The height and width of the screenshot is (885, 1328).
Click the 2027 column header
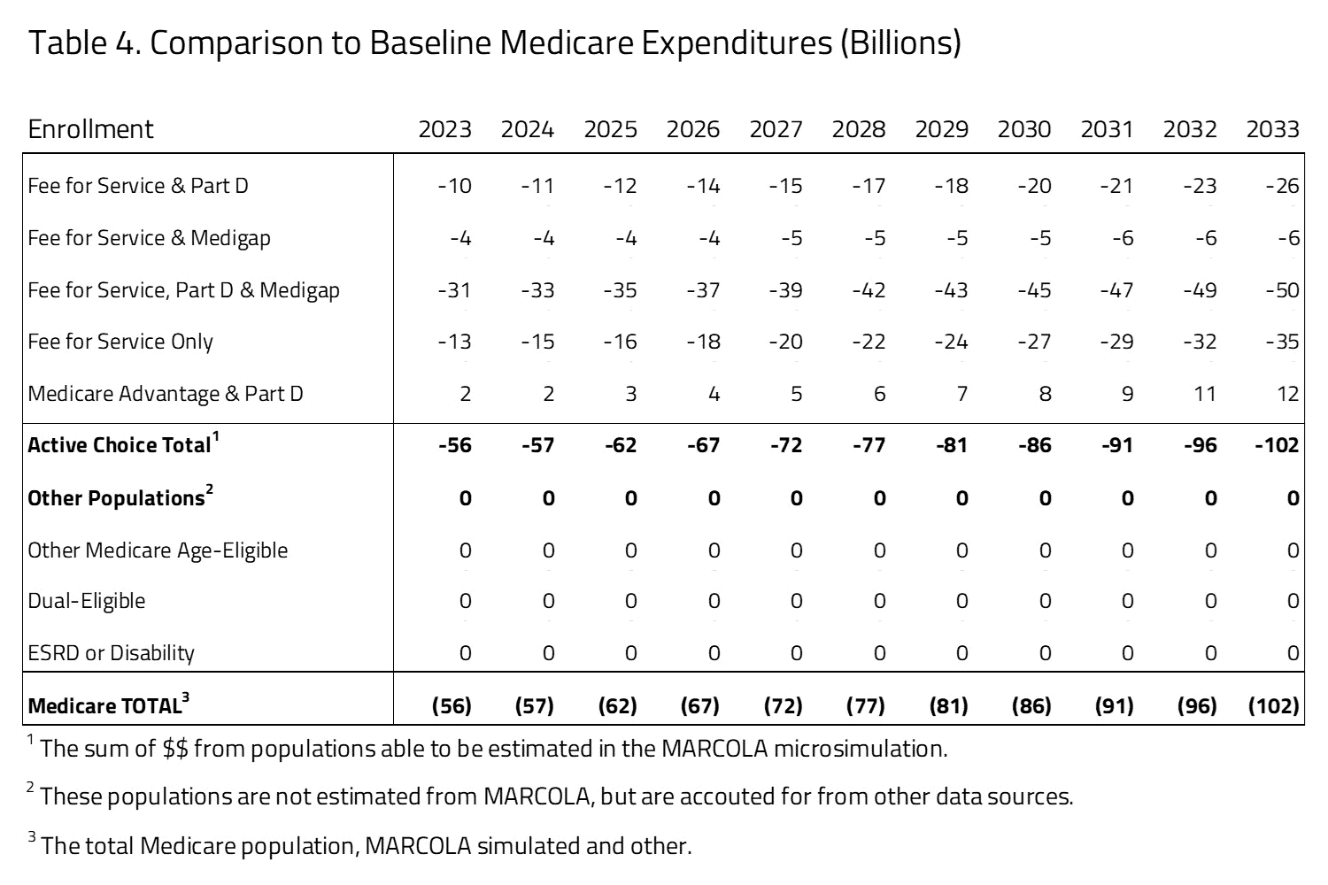(776, 129)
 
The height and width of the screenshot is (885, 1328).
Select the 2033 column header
(1272, 129)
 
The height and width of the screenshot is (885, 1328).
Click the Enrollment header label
(90, 129)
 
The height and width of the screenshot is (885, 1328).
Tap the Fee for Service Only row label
(120, 342)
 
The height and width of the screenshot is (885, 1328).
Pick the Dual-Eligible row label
(87, 601)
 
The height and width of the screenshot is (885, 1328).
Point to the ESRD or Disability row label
(111, 653)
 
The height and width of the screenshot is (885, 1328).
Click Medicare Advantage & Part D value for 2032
(1204, 394)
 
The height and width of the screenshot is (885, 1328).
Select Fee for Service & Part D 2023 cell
(455, 186)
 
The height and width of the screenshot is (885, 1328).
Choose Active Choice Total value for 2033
(1277, 445)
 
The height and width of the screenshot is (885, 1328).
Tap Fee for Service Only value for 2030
(1034, 342)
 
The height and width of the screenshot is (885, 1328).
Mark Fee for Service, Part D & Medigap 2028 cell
(869, 290)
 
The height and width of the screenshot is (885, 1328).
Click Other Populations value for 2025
(630, 498)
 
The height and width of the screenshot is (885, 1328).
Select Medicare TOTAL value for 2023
(452, 706)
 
